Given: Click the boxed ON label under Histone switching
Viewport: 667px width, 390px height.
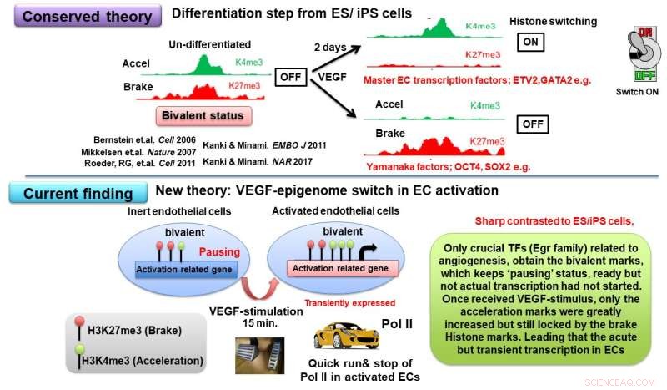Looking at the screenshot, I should pyautogui.click(x=531, y=41).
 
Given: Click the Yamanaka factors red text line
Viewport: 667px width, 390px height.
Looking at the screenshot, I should pyautogui.click(x=429, y=166).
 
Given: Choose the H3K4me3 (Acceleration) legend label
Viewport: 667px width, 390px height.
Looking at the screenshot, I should pyautogui.click(x=102, y=361).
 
